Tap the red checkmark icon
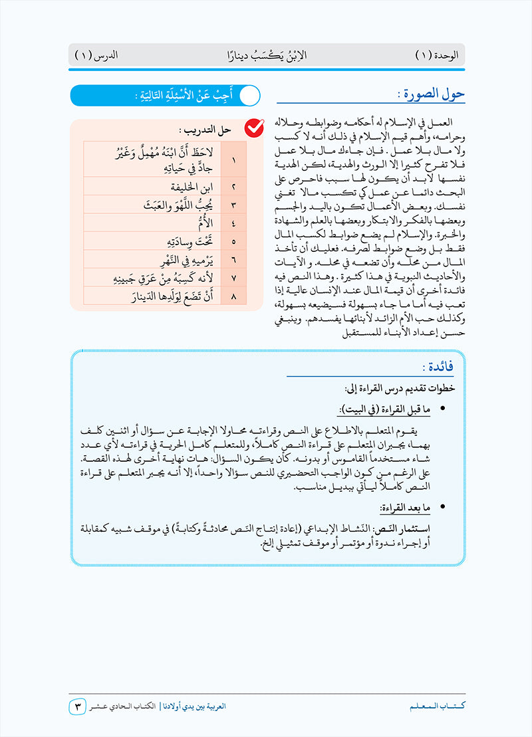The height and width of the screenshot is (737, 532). coord(254,128)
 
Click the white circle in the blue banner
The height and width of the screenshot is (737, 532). coord(249,95)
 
